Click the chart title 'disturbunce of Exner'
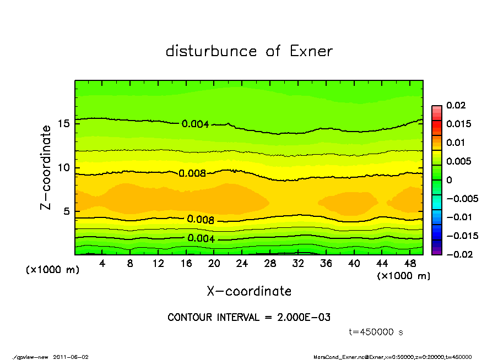pos(249,51)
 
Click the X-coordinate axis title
pos(249,291)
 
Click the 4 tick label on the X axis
pos(102,264)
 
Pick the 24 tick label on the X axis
pos(242,264)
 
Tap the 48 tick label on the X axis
pos(410,264)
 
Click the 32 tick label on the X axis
pos(298,264)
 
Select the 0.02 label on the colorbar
pos(456,105)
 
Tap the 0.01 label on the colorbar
pos(456,143)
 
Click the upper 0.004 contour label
pos(195,124)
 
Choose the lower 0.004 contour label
pos(201,238)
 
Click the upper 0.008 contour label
pos(192,173)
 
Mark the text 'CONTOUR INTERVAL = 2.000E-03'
pos(249,318)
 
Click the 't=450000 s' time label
pos(377,332)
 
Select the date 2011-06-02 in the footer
pos(71,357)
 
